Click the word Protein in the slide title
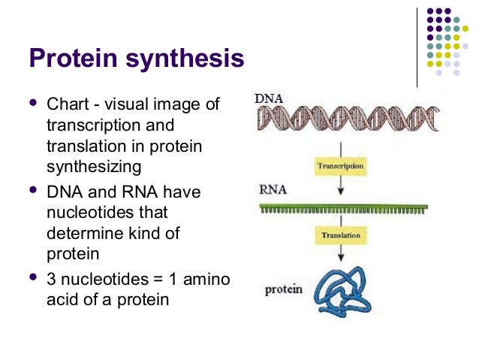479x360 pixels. pos(74,59)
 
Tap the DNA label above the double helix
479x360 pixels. pos(270,98)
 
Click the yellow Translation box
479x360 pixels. pos(341,235)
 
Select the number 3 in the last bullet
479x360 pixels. pos(51,279)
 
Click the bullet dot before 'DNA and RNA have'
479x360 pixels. pos(32,191)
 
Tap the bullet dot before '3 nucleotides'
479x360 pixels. pos(32,278)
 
